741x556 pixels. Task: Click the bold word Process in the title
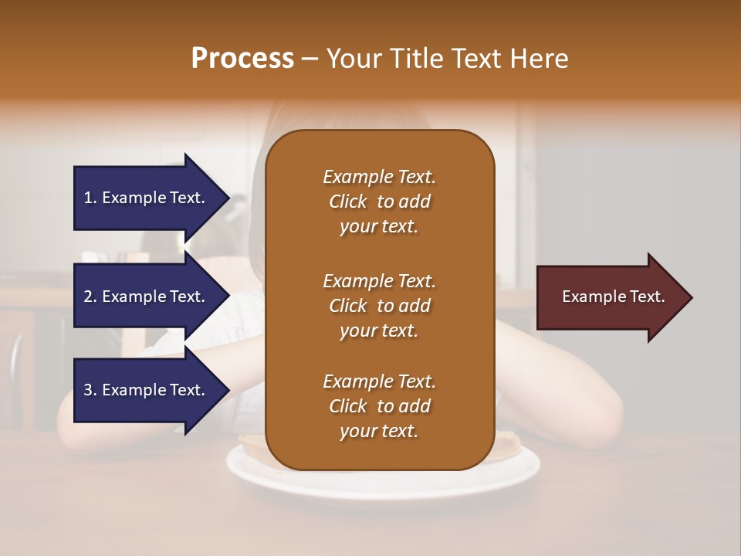242,59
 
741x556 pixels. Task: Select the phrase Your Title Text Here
448,59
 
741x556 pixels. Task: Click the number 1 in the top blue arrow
88,198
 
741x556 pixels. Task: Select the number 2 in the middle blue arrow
88,297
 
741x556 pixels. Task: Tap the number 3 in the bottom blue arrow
88,390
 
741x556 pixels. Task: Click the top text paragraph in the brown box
379,202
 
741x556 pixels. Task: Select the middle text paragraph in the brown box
379,306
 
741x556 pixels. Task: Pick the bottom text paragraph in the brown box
379,406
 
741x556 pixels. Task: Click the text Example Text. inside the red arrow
614,297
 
